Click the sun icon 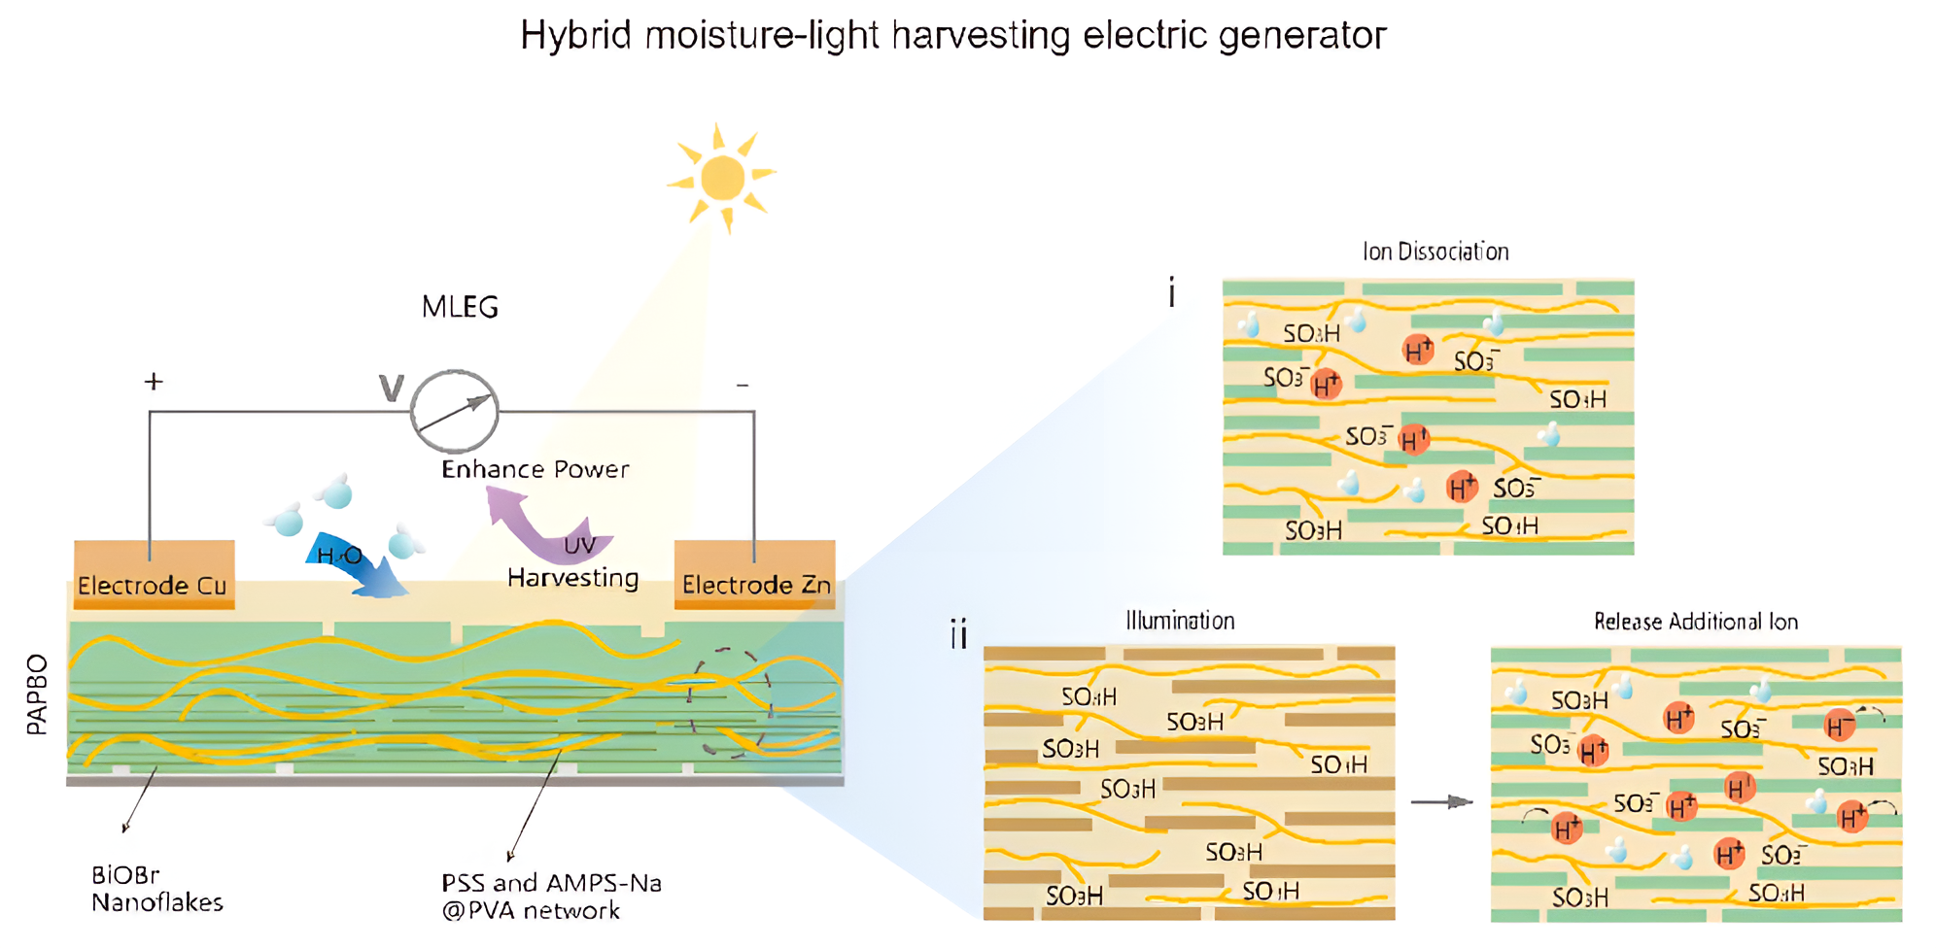click(722, 178)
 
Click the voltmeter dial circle click(454, 411)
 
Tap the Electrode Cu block click(154, 574)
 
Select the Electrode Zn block click(755, 574)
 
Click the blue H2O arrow click(360, 566)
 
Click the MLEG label click(460, 308)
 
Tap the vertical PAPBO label click(36, 694)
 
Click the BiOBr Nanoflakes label click(156, 889)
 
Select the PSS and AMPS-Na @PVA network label click(551, 897)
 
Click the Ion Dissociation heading click(1435, 253)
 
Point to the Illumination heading click(1180, 621)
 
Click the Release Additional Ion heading click(1695, 622)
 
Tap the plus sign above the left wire click(154, 382)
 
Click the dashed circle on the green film click(730, 701)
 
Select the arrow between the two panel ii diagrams click(1442, 801)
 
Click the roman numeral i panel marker click(1172, 292)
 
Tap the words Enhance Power click(535, 470)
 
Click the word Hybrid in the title click(575, 36)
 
